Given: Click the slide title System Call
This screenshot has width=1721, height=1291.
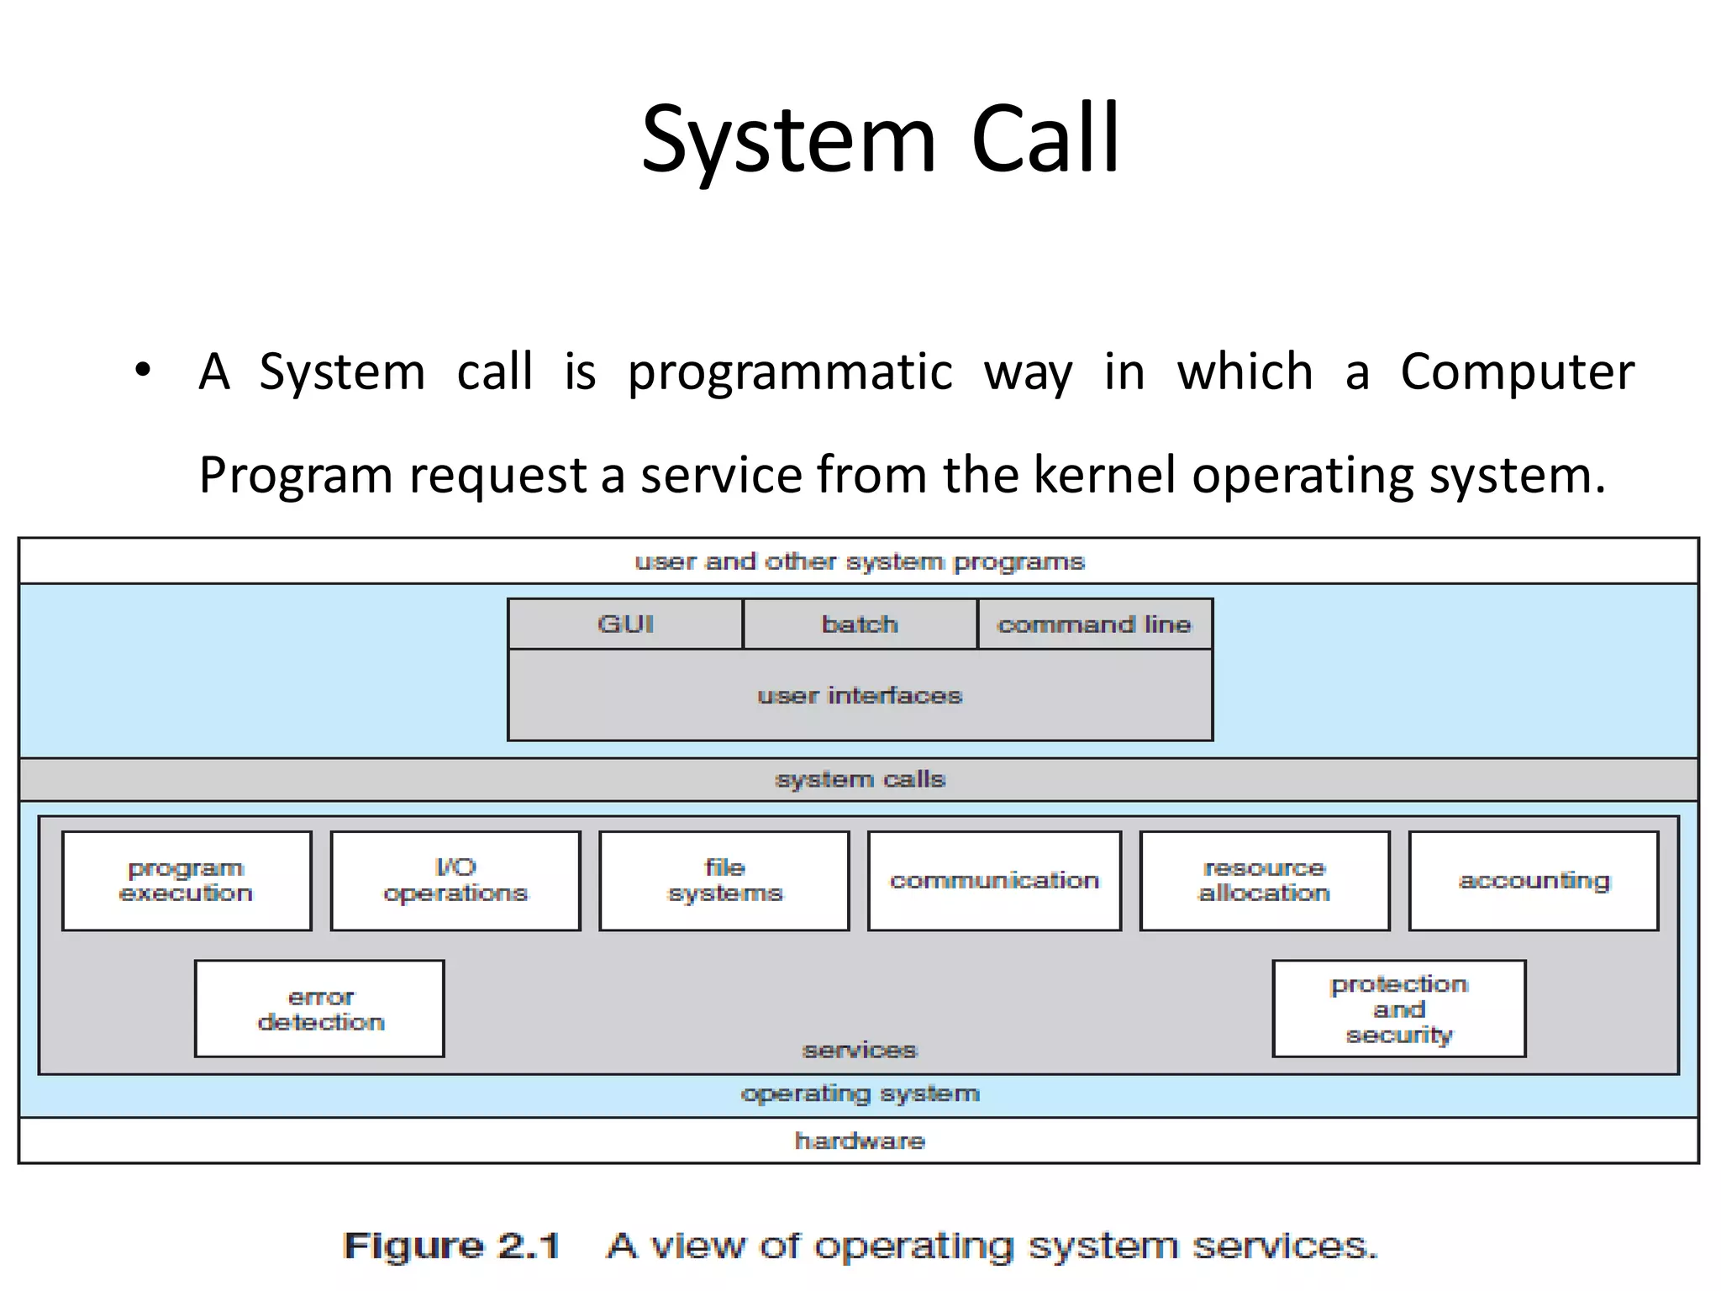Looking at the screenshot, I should (880, 140).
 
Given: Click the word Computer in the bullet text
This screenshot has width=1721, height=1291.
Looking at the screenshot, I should (1517, 371).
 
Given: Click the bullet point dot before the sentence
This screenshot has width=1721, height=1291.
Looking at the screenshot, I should (142, 370).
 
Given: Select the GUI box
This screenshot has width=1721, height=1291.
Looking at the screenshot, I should (625, 624).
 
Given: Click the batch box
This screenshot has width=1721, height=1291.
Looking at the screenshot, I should (860, 624).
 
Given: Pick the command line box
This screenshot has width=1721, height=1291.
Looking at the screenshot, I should (1094, 624).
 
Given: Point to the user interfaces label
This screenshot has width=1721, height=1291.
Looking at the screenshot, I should (860, 695).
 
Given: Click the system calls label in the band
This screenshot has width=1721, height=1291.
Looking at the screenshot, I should (860, 779).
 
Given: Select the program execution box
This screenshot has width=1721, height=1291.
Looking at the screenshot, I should (187, 880).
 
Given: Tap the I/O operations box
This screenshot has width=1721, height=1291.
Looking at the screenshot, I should (455, 880).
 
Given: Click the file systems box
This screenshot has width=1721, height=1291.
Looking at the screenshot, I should (724, 880).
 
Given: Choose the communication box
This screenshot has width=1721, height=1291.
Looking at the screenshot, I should (994, 880).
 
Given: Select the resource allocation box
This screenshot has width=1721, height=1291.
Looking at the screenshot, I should (1264, 880).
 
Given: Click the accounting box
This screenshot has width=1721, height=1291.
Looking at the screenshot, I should (1534, 880).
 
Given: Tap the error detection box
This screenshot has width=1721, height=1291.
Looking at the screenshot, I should (319, 1009).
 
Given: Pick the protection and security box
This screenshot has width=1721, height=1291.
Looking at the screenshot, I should (1399, 1009).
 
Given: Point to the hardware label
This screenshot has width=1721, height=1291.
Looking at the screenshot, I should (860, 1141).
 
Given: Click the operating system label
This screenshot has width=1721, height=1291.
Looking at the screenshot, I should (860, 1093).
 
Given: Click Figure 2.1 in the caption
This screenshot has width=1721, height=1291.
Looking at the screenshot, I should (451, 1246).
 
